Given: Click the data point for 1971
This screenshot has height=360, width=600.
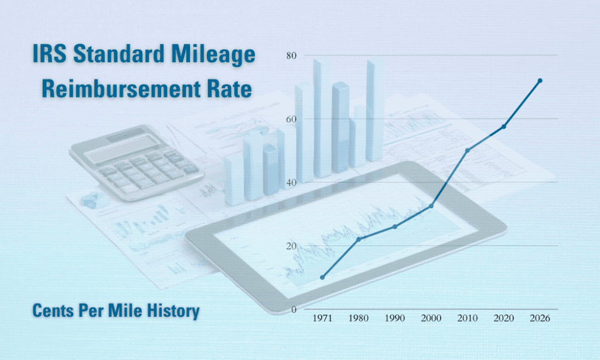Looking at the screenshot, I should pos(322,277).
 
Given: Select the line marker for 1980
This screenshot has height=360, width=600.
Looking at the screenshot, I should pos(359,239).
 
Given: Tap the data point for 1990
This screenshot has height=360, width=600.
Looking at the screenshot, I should pos(395,226).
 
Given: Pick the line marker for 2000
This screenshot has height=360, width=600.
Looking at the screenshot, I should pos(431,206).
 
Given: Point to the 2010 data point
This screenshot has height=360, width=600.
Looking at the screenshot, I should pos(468,151).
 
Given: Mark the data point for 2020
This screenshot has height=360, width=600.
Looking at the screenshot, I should pos(504,127).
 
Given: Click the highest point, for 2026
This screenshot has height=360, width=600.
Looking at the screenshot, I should pos(540,80).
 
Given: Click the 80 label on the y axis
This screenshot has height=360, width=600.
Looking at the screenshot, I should pos(291,56).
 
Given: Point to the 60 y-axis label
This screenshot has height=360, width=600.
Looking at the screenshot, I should pos(291,119).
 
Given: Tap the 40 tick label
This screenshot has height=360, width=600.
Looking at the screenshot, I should pos(291,182).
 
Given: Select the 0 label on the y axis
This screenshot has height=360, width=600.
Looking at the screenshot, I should pos(294,309).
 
